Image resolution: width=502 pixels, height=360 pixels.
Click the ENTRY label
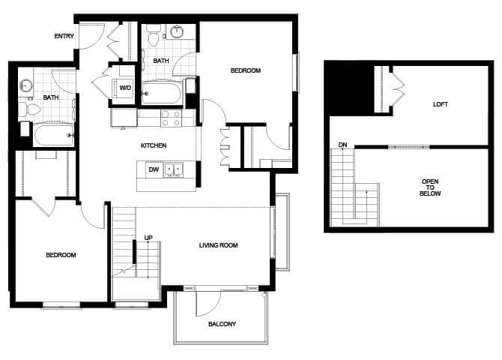[x=64, y=36]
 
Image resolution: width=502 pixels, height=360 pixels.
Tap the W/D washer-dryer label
[x=125, y=88]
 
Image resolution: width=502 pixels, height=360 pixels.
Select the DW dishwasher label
[x=154, y=169]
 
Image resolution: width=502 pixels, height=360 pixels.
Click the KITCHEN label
[x=154, y=145]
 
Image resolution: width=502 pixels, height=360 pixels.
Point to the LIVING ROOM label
[x=218, y=245]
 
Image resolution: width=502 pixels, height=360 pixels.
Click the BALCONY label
[x=222, y=324]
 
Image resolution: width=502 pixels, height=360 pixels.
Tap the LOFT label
[x=441, y=104]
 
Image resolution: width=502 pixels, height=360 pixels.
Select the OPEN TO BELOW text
[x=430, y=187]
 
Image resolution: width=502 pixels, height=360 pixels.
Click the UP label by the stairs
[x=148, y=238]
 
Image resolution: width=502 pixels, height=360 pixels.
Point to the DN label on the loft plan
[x=343, y=145]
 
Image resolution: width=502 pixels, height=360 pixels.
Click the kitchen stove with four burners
[x=172, y=118]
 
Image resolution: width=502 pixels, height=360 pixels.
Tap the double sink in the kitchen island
[x=173, y=170]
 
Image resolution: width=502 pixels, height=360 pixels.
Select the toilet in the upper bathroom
[x=154, y=35]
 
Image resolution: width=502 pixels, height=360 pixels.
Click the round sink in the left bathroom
[x=25, y=85]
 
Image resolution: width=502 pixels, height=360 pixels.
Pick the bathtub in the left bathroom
[x=53, y=135]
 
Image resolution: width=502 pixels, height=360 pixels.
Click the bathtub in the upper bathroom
[x=162, y=93]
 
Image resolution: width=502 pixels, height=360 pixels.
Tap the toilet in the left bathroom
[x=29, y=109]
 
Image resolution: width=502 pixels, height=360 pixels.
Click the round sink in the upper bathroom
[x=177, y=31]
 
